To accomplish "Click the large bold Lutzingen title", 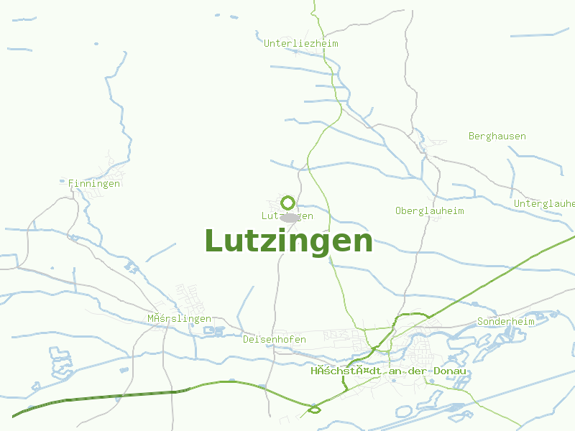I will tap(289, 241).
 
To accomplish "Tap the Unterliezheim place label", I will tap(300, 44).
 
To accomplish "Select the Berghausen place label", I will tap(497, 136).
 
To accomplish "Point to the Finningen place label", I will tap(94, 184).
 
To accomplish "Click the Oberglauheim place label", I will tap(429, 211).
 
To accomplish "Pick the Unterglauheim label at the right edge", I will tap(544, 204).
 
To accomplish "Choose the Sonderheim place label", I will tap(506, 322).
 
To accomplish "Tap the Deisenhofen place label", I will tap(275, 340).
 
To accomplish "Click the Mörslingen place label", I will tap(179, 319).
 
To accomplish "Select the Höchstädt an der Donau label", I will tap(389, 371).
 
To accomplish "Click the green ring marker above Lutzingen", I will tap(288, 203).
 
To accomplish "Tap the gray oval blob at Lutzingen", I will tap(290, 217).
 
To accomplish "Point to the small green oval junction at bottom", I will tap(314, 410).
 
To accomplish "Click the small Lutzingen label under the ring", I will tap(287, 215).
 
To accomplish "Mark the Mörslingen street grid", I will tap(190, 298).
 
